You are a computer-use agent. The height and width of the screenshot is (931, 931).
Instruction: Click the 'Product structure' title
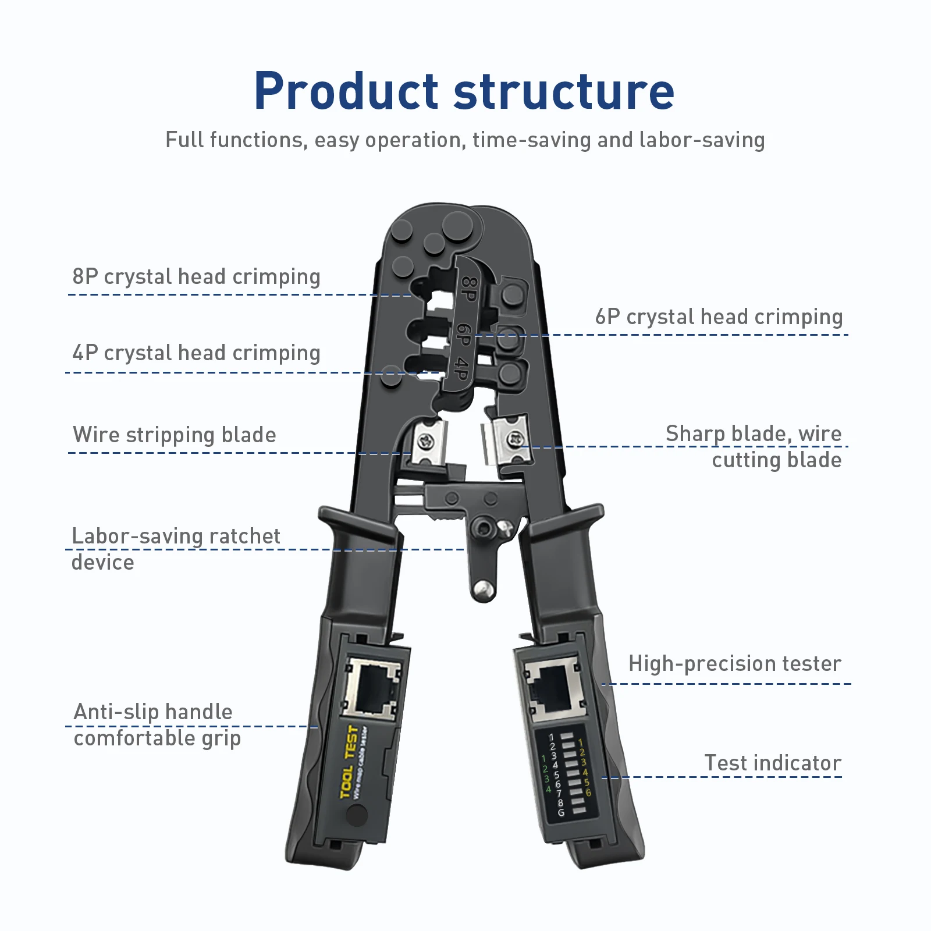(464, 91)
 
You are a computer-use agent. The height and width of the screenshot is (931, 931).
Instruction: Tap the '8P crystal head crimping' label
(196, 276)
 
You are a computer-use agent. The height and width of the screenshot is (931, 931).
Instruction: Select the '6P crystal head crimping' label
(719, 317)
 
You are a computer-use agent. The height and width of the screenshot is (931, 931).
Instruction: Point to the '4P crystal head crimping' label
(196, 353)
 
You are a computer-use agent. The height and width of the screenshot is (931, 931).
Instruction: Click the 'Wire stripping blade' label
(175, 435)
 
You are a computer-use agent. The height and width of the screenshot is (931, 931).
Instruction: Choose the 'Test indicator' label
(773, 763)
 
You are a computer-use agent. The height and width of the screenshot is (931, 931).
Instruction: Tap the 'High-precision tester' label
(734, 663)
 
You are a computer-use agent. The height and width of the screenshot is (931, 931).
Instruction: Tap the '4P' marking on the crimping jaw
(461, 369)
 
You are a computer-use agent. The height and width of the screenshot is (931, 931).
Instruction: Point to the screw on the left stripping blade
(427, 443)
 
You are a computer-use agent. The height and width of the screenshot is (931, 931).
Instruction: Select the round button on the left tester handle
(357, 815)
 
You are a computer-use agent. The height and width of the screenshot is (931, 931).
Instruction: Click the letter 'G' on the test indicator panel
(561, 812)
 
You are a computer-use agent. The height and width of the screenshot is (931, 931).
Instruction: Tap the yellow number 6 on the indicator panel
(588, 793)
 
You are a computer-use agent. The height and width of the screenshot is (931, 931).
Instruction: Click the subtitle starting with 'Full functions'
(465, 140)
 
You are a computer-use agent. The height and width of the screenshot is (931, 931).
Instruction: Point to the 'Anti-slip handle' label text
(153, 712)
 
